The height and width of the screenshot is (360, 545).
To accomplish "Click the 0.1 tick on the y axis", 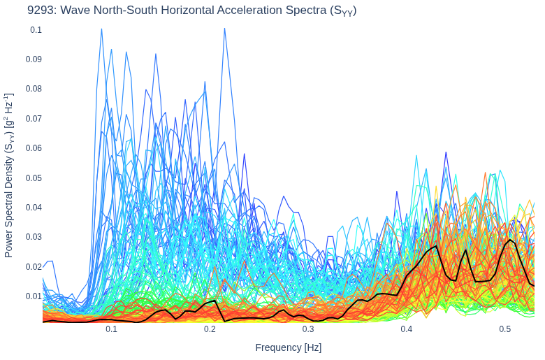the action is pyautogui.click(x=36, y=30).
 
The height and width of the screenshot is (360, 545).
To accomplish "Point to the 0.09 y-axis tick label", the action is pyautogui.click(x=34, y=59).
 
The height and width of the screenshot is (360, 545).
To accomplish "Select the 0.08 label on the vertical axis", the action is pyautogui.click(x=34, y=89).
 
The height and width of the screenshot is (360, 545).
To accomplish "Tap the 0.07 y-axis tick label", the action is pyautogui.click(x=34, y=119).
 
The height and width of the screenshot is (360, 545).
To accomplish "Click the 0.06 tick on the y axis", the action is pyautogui.click(x=34, y=148).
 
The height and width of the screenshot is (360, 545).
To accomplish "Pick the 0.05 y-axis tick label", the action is pyautogui.click(x=34, y=178).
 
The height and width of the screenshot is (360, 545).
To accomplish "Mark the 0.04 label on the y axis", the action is pyautogui.click(x=34, y=208).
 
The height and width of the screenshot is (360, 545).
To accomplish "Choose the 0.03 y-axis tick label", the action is pyautogui.click(x=34, y=237).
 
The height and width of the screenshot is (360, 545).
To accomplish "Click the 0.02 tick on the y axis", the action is pyautogui.click(x=34, y=267).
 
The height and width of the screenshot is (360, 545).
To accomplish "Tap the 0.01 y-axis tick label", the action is pyautogui.click(x=34, y=296).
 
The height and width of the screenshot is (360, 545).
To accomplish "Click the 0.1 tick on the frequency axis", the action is pyautogui.click(x=112, y=329).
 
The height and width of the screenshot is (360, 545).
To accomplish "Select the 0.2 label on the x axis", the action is pyautogui.click(x=210, y=329).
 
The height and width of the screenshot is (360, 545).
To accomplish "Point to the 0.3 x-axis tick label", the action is pyautogui.click(x=308, y=329).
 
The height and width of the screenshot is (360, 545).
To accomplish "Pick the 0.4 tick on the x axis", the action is pyautogui.click(x=407, y=329).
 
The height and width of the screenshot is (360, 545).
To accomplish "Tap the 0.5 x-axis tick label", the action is pyautogui.click(x=505, y=329).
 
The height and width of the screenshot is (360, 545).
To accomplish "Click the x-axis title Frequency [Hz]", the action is pyautogui.click(x=289, y=347).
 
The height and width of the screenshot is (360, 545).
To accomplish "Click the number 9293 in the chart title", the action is pyautogui.click(x=41, y=10).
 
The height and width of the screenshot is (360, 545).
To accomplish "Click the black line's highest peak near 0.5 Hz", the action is pyautogui.click(x=510, y=240).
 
